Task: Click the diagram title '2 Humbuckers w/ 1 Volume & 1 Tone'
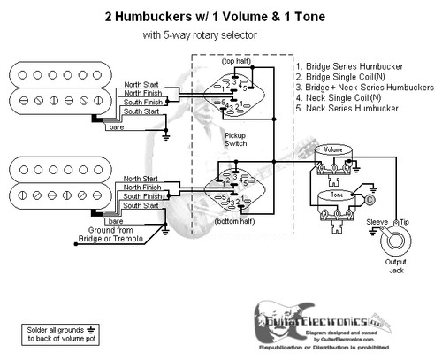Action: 221,16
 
